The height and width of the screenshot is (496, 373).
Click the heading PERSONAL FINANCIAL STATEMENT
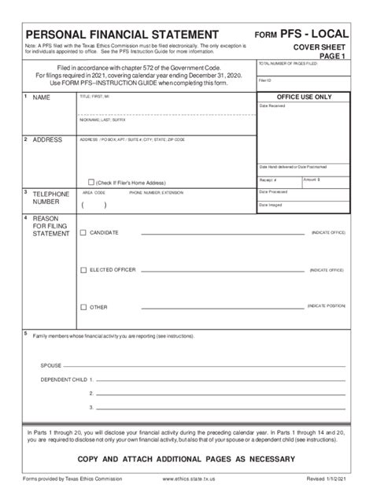click(x=121, y=35)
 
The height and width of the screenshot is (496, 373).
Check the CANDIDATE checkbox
click(x=84, y=233)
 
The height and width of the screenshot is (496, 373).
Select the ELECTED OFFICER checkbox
click(x=84, y=269)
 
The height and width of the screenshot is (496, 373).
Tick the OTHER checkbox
click(x=84, y=306)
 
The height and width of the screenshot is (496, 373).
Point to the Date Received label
click(x=272, y=105)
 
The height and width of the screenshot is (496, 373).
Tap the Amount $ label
click(x=312, y=180)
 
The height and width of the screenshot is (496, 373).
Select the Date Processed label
click(x=274, y=191)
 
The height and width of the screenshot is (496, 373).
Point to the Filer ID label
click(x=264, y=80)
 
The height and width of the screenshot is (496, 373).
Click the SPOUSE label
click(x=52, y=366)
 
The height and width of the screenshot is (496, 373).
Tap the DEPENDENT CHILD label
click(x=62, y=379)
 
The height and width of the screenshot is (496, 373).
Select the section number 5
click(x=25, y=333)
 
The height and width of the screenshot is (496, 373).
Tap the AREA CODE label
click(x=94, y=192)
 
